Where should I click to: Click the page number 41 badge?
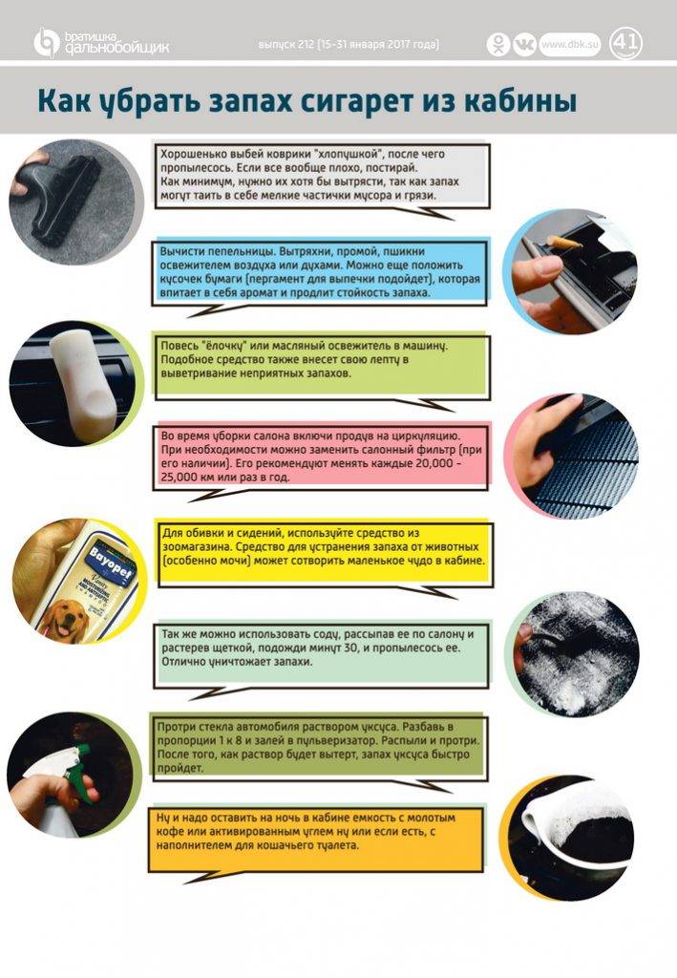(x=625, y=44)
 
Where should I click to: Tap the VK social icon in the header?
(x=524, y=44)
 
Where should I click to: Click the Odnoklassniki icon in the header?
(x=498, y=44)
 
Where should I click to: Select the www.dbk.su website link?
(x=569, y=44)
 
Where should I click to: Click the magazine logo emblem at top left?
(x=46, y=42)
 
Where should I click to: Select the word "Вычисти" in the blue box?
(x=180, y=251)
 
